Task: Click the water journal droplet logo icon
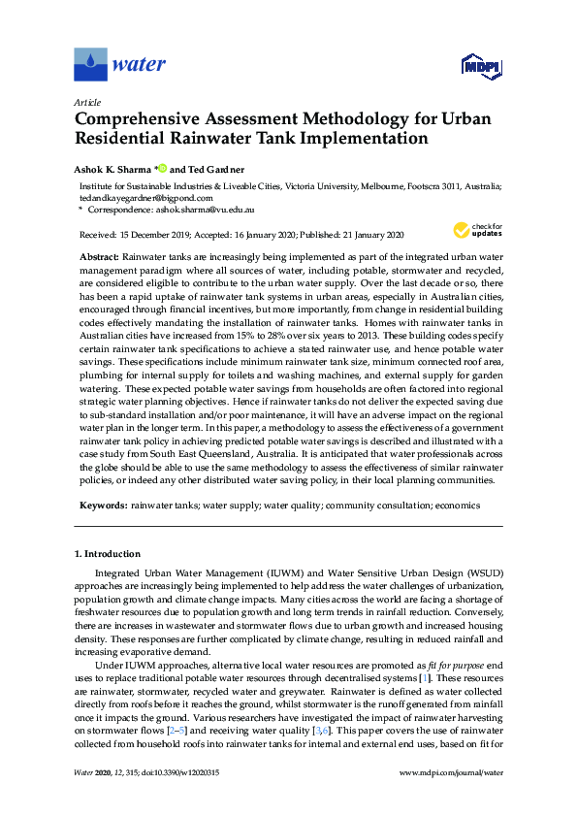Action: (90, 65)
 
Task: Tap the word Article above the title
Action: (87, 101)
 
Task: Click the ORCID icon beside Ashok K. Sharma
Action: (162, 167)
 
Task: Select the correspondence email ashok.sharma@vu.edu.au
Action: (211, 209)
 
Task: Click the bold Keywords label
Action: (102, 506)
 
